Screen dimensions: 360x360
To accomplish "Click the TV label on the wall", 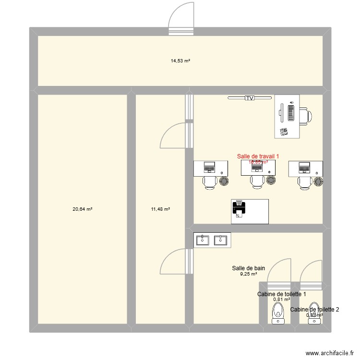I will click(249, 98).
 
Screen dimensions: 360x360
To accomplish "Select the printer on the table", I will click(239, 208).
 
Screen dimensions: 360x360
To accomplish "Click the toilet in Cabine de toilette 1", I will click(277, 314).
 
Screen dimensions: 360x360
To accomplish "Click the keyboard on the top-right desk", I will click(291, 112).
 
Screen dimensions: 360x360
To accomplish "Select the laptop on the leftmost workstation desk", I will click(209, 168).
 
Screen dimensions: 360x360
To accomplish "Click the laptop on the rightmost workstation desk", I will click(304, 168).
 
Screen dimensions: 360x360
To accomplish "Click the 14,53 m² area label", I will click(180, 61).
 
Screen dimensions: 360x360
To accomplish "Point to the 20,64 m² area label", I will click(82, 209).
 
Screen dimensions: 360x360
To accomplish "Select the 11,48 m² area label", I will click(160, 209).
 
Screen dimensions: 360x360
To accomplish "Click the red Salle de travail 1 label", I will click(258, 156).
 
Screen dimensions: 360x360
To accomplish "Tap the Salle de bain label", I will click(248, 268).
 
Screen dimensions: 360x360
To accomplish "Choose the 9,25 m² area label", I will click(248, 274).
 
